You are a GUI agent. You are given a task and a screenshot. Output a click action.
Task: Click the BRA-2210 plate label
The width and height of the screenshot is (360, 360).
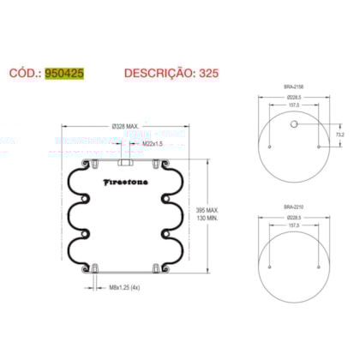(x=293, y=207)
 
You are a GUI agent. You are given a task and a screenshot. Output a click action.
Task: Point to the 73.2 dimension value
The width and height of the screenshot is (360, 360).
(x=339, y=135)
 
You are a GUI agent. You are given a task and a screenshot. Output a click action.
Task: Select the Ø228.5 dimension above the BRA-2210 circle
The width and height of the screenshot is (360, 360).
(x=293, y=218)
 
